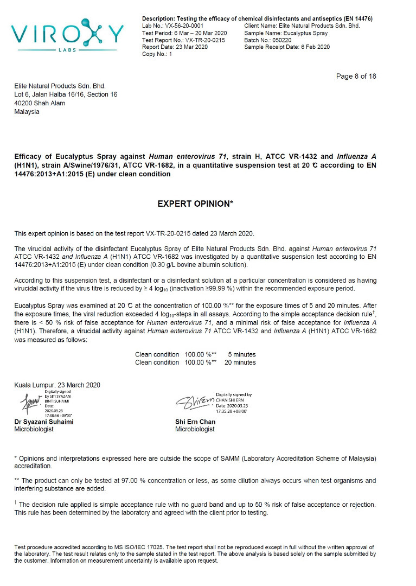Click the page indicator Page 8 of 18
[356, 76]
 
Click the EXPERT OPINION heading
[195, 203]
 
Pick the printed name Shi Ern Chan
[195, 422]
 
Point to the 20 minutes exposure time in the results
[240, 362]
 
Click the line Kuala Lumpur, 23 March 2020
[57, 385]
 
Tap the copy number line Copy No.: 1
[157, 54]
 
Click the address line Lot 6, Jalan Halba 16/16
[65, 94]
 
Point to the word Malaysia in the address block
[27, 112]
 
